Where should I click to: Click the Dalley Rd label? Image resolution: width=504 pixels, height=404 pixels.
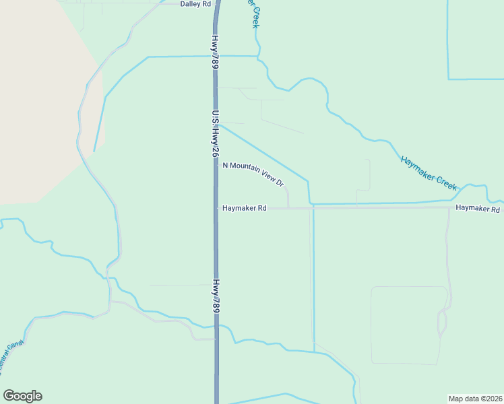pyautogui.click(x=195, y=4)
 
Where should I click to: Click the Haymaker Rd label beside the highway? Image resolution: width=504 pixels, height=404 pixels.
pyautogui.click(x=245, y=209)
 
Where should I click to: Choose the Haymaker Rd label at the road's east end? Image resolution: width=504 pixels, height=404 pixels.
pyautogui.click(x=477, y=209)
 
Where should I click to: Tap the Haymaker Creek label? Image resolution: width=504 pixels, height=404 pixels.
pyautogui.click(x=429, y=172)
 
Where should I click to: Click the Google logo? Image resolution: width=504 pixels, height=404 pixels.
pyautogui.click(x=22, y=396)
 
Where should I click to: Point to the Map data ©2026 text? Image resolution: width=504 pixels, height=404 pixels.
pyautogui.click(x=475, y=399)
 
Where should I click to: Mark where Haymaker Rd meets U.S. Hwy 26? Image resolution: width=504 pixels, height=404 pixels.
pyautogui.click(x=216, y=209)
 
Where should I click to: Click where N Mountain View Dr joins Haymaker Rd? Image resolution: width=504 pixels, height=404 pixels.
pyautogui.click(x=288, y=208)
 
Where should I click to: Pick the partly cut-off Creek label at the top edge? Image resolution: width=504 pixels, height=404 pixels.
pyautogui.click(x=255, y=15)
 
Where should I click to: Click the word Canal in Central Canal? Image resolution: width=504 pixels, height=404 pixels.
pyautogui.click(x=15, y=351)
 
